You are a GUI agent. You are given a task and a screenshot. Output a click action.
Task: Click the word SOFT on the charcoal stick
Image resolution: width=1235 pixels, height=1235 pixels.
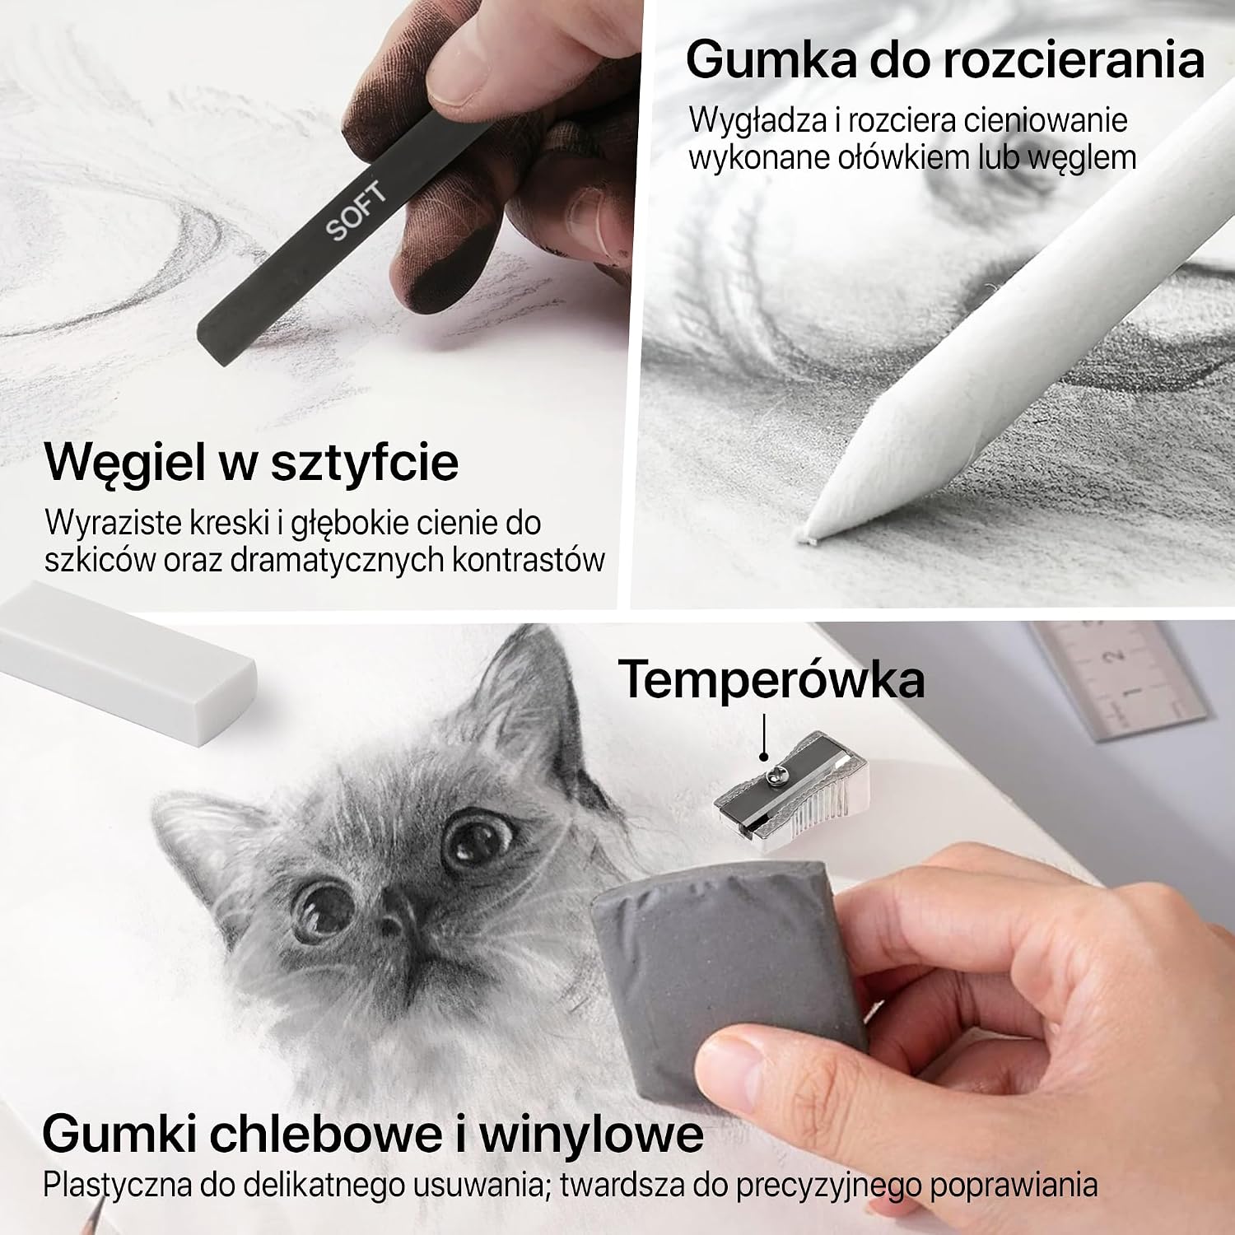click(356, 212)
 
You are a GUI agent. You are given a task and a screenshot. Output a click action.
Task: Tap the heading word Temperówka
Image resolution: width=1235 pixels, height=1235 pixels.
click(771, 679)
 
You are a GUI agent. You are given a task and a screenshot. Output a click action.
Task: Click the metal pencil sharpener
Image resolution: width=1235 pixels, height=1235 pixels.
click(793, 783)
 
